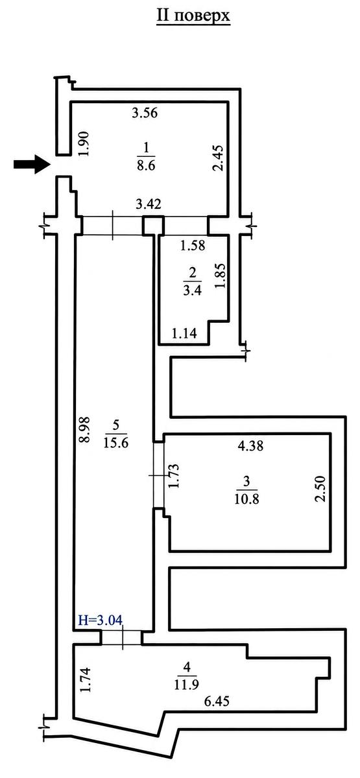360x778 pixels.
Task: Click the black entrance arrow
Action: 31,164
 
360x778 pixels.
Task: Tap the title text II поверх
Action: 193,16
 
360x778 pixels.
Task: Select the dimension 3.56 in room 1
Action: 145,113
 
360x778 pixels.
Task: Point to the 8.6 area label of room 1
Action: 146,165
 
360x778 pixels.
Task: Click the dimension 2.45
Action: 219,158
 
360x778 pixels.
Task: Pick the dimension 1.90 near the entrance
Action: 84,144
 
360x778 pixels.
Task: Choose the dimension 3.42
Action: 149,204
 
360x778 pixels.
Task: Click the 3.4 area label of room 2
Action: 192,290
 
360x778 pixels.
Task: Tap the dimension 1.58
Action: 193,246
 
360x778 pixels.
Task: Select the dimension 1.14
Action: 184,333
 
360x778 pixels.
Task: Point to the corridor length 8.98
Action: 84,430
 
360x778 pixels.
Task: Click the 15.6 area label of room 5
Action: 116,442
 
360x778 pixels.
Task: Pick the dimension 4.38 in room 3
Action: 250,445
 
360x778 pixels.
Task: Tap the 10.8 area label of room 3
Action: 246,499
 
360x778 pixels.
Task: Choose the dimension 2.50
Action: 320,489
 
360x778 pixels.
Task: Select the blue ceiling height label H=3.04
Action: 100,620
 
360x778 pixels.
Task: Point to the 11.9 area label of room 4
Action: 187,684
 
